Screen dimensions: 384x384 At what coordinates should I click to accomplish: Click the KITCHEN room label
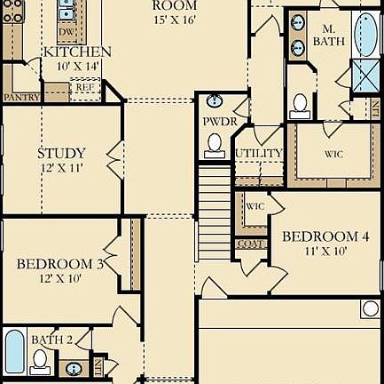coord(77,52)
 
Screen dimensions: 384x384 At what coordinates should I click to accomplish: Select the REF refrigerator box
coord(84,88)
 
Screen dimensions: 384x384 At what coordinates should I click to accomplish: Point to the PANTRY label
coord(19,96)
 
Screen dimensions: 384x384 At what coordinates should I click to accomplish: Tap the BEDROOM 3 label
coord(61,263)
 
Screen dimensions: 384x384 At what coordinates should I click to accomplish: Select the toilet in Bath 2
coord(40,359)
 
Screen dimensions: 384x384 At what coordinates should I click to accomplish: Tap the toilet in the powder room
coord(215,144)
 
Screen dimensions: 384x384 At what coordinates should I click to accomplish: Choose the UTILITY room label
coord(259,153)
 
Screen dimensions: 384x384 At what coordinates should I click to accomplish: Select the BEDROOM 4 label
coord(325,236)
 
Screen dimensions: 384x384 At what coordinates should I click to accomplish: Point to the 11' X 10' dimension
coord(325,252)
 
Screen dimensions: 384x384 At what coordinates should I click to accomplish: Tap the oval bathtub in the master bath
coord(365,33)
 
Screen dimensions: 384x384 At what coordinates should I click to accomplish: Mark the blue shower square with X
coord(365,76)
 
